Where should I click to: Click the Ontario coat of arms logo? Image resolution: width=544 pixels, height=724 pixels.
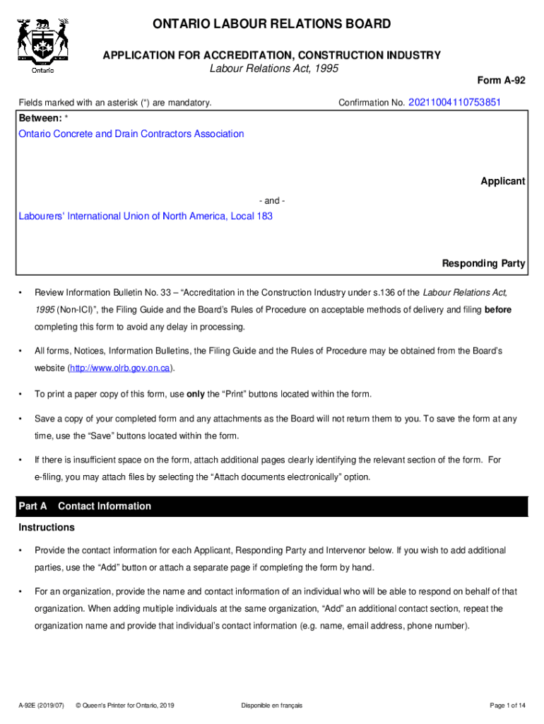click(43, 45)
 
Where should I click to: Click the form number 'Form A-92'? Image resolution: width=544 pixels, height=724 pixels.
click(502, 81)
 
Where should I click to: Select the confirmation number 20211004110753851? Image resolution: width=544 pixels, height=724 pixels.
click(454, 103)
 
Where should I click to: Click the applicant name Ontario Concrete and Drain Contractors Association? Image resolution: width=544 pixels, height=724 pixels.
click(131, 134)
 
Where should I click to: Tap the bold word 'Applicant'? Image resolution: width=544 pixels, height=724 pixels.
click(502, 181)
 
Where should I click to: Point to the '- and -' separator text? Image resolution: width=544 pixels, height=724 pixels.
click(272, 200)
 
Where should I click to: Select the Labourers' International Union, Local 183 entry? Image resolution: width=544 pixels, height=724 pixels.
click(146, 216)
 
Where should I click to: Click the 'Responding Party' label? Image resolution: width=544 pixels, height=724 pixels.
click(483, 264)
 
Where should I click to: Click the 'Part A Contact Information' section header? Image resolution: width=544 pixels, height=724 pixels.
click(84, 506)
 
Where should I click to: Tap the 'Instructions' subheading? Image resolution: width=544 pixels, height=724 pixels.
click(47, 527)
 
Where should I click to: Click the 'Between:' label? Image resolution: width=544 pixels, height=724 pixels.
click(41, 117)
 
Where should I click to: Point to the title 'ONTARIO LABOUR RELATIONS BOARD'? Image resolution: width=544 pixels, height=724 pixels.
click(272, 25)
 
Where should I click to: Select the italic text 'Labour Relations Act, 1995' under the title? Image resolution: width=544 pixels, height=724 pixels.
click(274, 69)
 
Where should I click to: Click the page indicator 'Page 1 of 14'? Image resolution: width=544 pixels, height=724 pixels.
click(507, 706)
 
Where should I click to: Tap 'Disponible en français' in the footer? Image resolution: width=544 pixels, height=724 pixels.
click(271, 706)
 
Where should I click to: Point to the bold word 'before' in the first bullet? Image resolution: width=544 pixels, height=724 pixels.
click(497, 310)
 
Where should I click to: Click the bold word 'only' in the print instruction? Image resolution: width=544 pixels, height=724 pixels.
click(195, 394)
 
